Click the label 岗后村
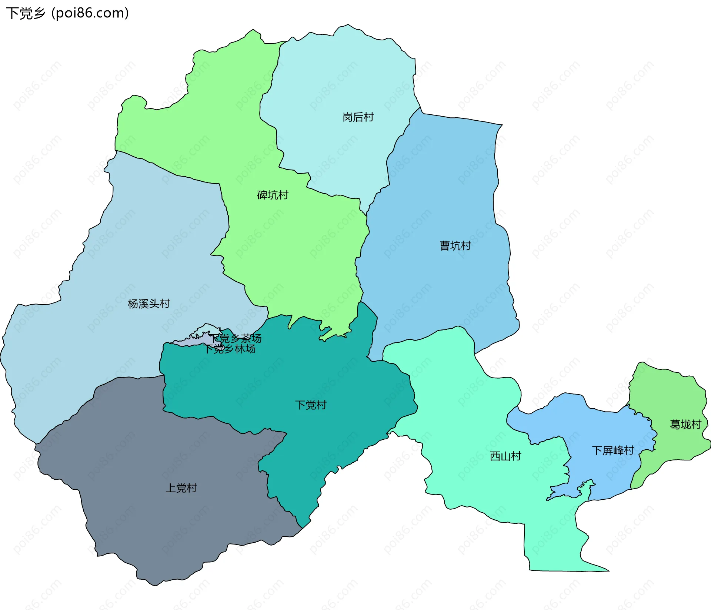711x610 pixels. pos(358,117)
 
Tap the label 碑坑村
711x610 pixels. pos(273,195)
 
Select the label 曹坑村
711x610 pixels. pos(455,246)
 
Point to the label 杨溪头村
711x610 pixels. pos(148,304)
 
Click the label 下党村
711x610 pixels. pos(311,405)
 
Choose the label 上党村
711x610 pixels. pos(181,488)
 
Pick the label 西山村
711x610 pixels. pos(505,456)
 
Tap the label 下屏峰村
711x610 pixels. pos(613,450)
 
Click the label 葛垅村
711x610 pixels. pos(685,424)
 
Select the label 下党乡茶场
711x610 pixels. pos(236,338)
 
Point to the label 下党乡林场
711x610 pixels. pos(230,349)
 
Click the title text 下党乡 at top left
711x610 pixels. pos(26,13)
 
